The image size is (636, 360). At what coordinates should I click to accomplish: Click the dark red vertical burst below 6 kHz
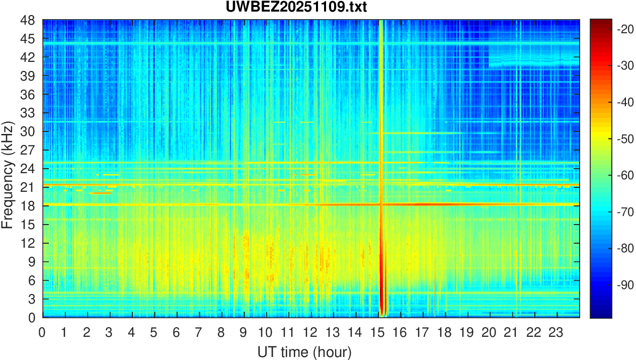(x=381, y=297)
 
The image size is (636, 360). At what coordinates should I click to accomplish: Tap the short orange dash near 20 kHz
(x=100, y=193)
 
